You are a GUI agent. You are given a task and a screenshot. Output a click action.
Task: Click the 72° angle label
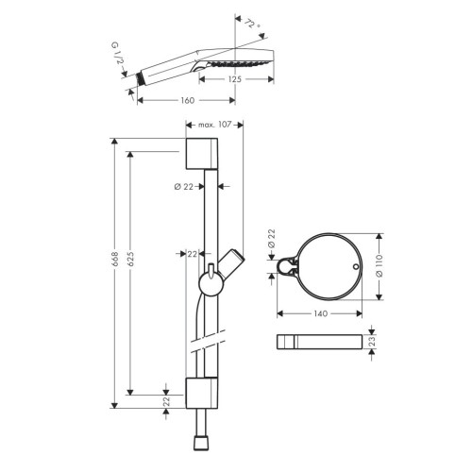[x=252, y=24]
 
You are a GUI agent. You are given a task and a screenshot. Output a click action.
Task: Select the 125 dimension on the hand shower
[x=235, y=79]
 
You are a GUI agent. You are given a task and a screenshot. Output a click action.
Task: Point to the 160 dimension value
[x=188, y=100]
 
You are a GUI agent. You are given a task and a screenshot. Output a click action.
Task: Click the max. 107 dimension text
[x=214, y=125]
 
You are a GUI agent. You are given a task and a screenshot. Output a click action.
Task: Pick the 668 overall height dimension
[x=115, y=260]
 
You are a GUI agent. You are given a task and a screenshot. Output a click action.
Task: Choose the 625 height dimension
[x=130, y=259]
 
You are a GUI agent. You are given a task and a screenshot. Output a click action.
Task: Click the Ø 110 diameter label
[x=379, y=266]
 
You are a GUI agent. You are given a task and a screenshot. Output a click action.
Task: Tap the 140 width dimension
[x=320, y=313]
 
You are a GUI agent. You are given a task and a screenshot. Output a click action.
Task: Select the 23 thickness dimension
[x=372, y=342]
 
